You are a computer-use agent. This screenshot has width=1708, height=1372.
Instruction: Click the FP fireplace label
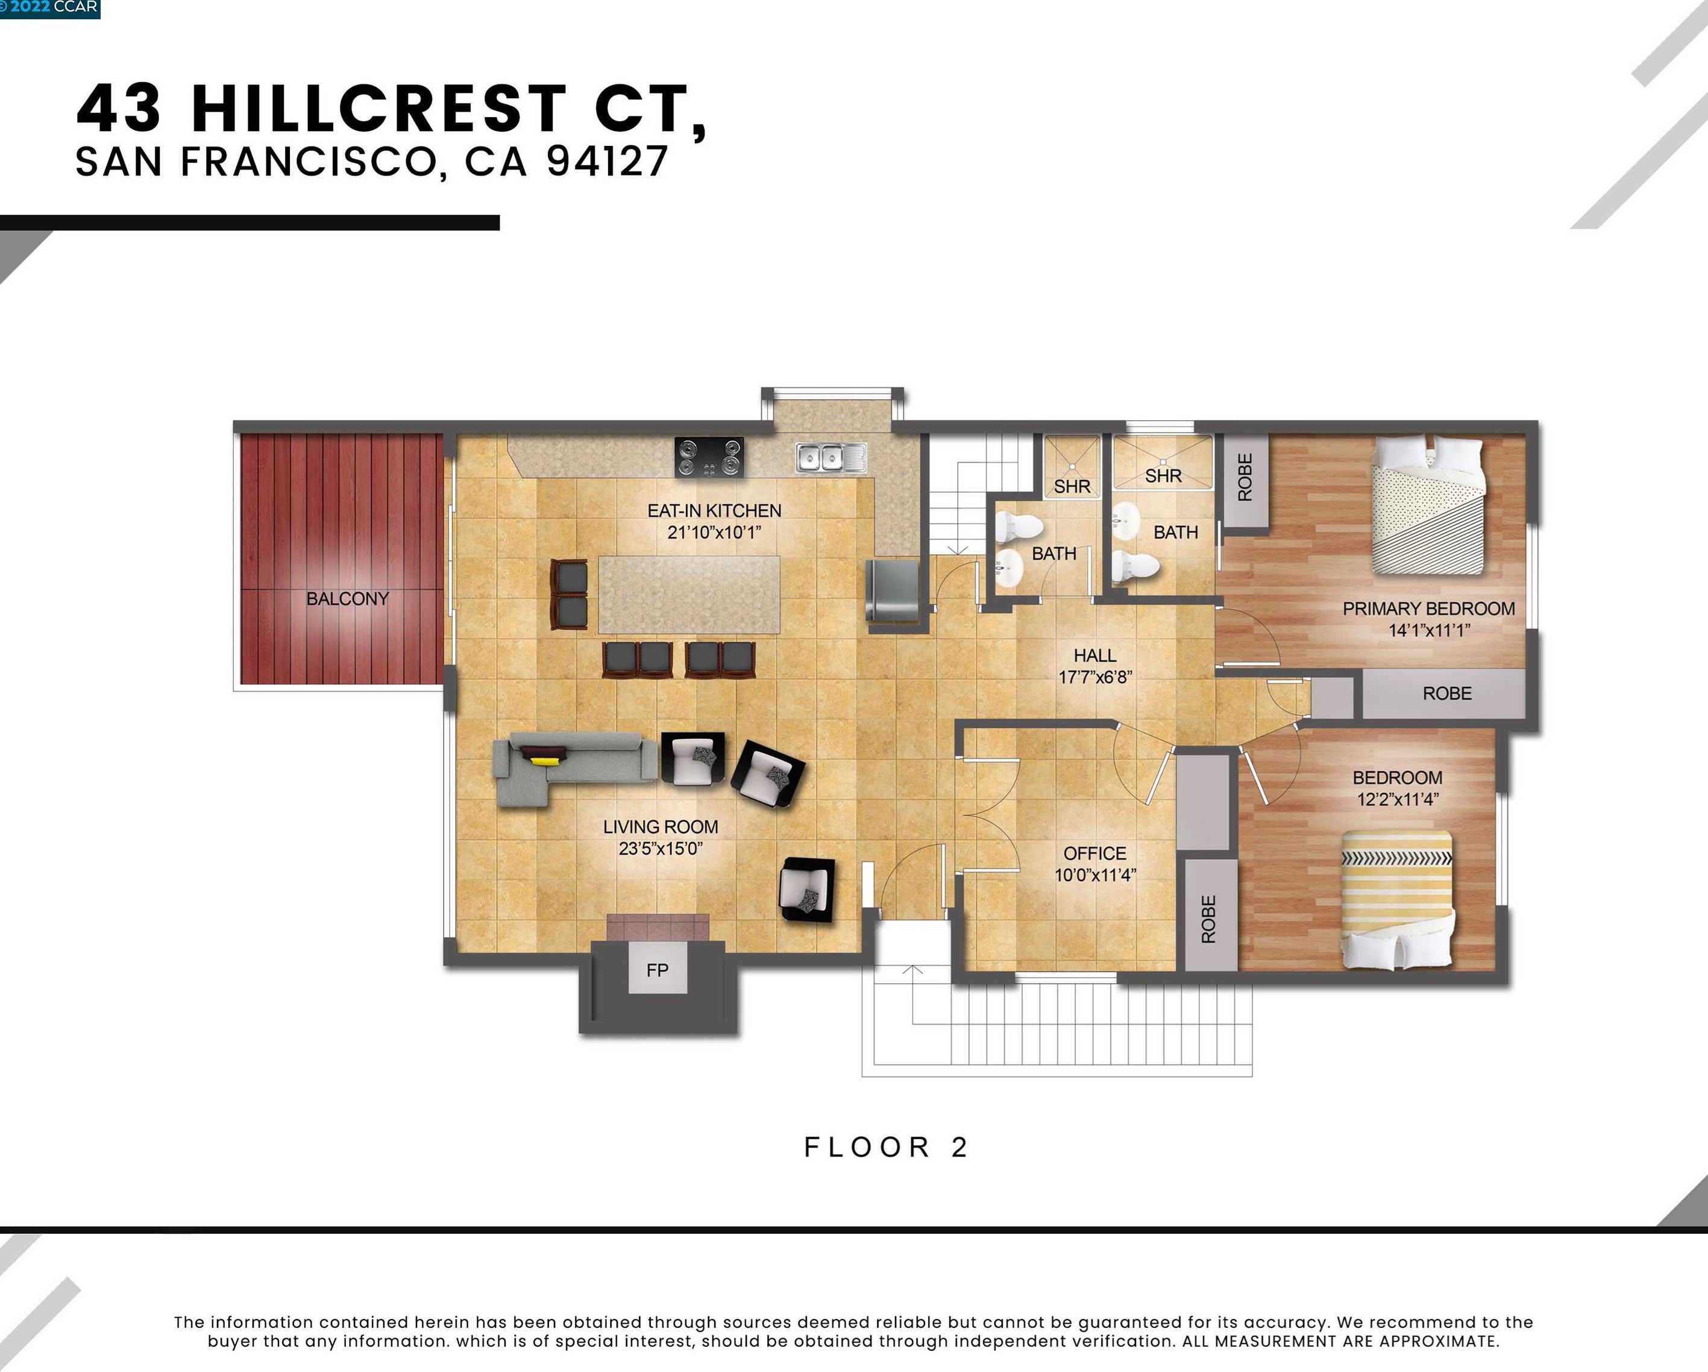657,969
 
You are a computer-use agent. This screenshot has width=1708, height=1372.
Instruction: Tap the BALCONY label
347,598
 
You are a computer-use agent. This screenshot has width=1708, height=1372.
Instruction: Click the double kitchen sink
830,457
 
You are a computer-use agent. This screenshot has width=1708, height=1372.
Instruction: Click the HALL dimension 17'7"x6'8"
1095,677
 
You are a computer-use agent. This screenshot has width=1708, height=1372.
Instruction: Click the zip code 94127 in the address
607,161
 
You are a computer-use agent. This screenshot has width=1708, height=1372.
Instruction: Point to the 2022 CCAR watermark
50,8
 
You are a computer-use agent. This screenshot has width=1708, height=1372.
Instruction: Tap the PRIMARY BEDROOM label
1428,609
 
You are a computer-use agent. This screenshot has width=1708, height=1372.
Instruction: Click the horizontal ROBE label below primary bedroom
1446,694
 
